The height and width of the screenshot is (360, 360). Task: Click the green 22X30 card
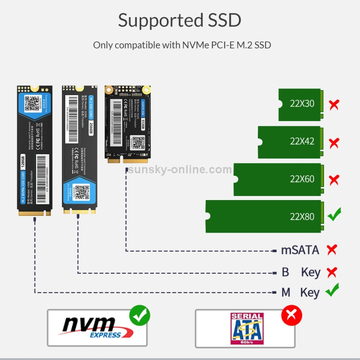[302, 104]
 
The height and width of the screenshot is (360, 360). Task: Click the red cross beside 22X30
[334, 104]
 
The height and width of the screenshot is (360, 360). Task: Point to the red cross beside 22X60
[334, 180]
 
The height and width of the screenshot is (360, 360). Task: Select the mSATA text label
[300, 250]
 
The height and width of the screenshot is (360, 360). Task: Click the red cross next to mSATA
[332, 250]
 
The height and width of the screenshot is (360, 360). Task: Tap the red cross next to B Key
[332, 273]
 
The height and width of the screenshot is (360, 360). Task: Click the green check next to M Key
[332, 290]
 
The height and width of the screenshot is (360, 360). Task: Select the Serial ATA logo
[247, 329]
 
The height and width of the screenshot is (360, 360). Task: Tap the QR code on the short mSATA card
[138, 142]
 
